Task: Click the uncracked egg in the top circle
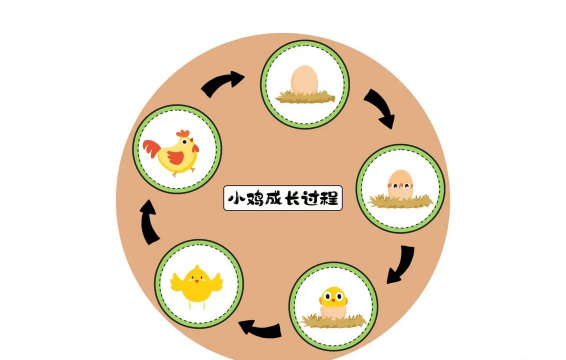tap(304, 79)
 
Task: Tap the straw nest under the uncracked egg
tap(304, 97)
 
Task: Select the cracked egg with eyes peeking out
tap(400, 183)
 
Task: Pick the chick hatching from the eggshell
tap(332, 299)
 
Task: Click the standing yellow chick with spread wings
tap(194, 286)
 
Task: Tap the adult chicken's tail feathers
tap(151, 152)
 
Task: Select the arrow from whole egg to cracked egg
tap(379, 106)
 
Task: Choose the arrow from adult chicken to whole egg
tap(223, 83)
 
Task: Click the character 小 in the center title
tap(237, 198)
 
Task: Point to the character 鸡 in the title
tap(256, 198)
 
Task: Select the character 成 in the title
tap(275, 198)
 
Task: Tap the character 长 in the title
tap(294, 198)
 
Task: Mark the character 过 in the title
tap(313, 198)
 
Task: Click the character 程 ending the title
tap(332, 198)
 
